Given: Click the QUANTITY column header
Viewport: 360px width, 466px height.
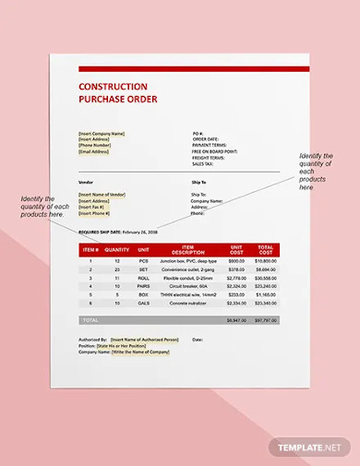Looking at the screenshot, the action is [x=117, y=249].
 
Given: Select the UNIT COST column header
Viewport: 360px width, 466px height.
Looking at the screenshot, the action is [x=236, y=249].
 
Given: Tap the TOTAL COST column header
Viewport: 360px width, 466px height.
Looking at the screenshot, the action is [x=266, y=249].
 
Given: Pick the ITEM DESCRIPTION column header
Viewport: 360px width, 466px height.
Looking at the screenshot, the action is [x=188, y=249].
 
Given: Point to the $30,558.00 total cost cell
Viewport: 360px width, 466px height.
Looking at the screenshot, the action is [x=266, y=277].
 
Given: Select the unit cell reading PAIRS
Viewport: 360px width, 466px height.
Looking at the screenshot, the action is [x=143, y=285].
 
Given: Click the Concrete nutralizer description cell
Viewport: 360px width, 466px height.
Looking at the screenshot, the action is [x=188, y=302].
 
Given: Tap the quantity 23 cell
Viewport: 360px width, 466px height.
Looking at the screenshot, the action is [x=117, y=269].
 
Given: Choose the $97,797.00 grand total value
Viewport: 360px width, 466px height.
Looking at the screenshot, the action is [x=266, y=320].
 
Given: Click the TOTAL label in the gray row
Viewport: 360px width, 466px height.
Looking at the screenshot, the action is [x=90, y=320].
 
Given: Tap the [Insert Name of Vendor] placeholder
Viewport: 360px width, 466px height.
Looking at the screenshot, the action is [x=104, y=195].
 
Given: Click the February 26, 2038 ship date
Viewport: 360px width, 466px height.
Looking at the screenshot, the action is [x=141, y=233].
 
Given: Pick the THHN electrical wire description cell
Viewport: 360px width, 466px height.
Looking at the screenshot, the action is [x=188, y=293].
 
